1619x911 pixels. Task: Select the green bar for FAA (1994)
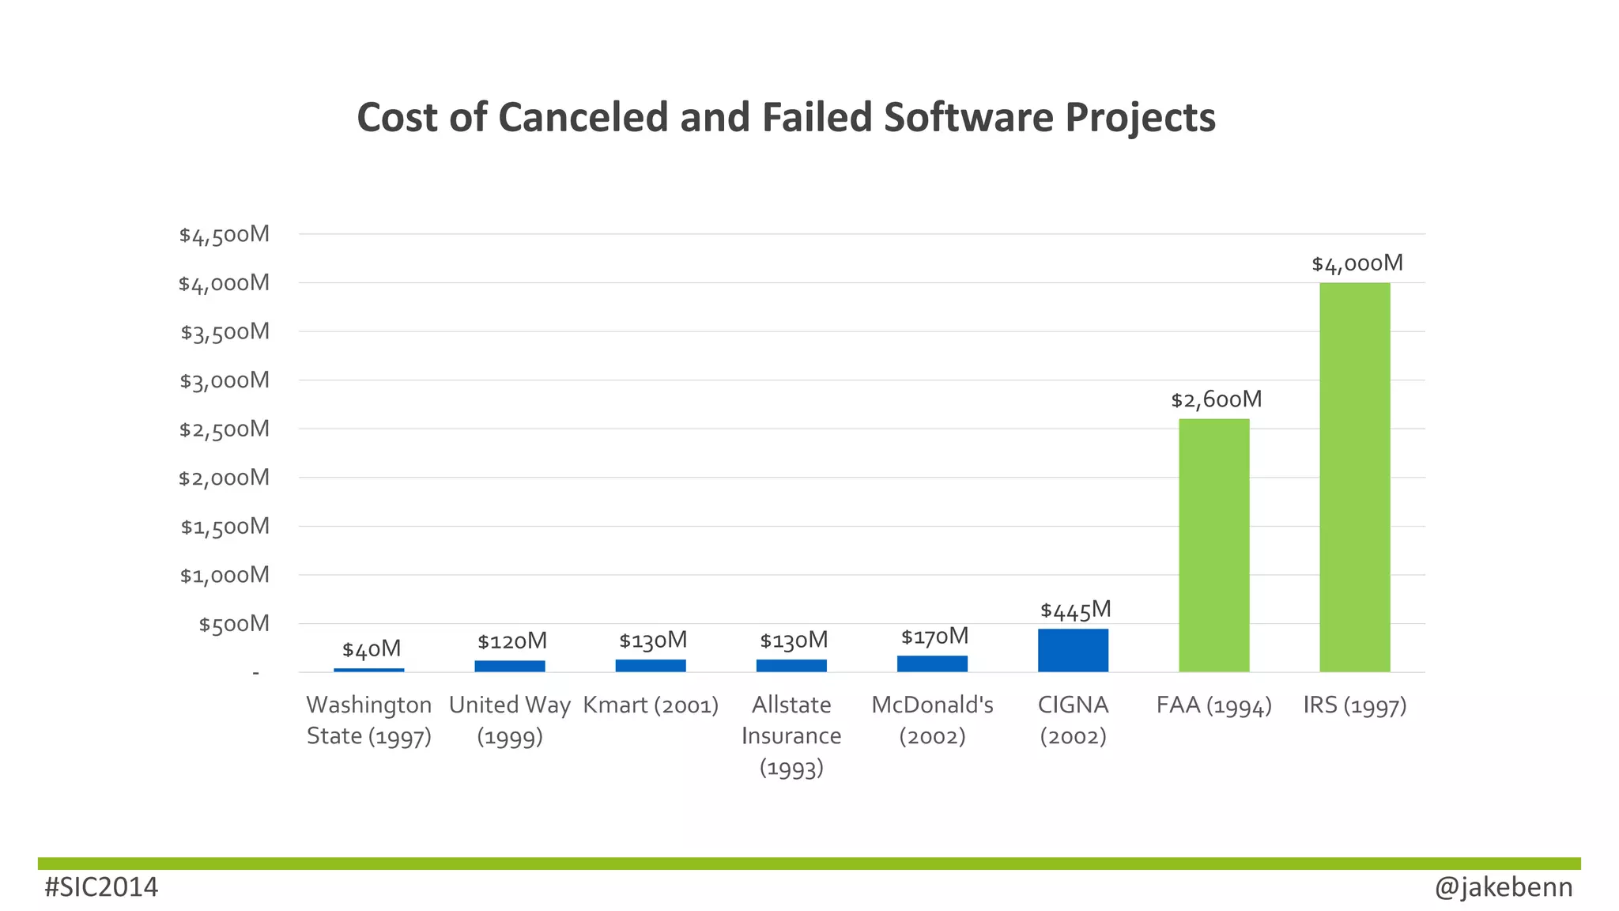tap(1213, 545)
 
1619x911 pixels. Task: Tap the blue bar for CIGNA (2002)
tap(1073, 650)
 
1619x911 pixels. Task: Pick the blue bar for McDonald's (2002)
tap(932, 663)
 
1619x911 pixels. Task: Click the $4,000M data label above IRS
tap(1357, 263)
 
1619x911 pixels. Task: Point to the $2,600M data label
tap(1216, 399)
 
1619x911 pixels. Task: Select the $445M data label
tap(1075, 610)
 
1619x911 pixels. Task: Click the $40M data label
tap(372, 649)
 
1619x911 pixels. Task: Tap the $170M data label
tap(934, 637)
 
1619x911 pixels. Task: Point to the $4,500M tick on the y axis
tap(225, 235)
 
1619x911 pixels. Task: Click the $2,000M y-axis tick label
tap(225, 478)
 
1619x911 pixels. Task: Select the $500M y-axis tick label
tap(234, 624)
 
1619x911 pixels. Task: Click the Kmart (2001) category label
tap(651, 705)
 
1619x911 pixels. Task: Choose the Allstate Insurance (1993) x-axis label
tap(791, 735)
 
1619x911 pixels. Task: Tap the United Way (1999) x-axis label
tap(510, 720)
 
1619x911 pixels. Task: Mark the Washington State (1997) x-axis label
tap(369, 720)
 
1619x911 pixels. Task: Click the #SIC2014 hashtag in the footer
tap(101, 887)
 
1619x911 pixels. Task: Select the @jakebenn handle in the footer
tap(1503, 887)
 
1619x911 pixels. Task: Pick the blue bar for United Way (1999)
tap(510, 666)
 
